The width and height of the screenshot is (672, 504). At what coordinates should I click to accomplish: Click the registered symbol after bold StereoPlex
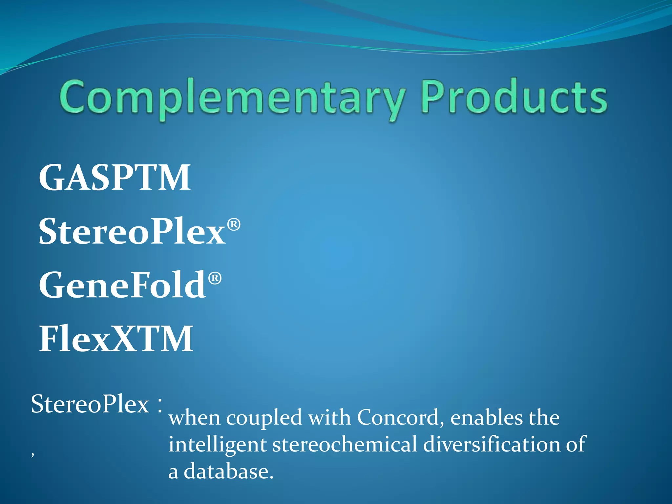click(234, 225)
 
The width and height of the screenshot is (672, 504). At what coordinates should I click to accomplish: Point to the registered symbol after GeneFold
click(215, 278)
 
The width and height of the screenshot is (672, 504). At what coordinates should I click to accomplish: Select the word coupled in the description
click(264, 418)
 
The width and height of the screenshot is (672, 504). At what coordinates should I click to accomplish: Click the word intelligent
click(217, 445)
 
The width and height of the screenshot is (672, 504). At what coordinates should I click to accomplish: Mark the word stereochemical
click(345, 444)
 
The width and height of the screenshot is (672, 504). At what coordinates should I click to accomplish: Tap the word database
click(228, 472)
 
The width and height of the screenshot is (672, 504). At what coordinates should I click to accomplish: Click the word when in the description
click(194, 418)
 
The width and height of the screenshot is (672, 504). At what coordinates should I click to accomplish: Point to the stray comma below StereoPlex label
click(32, 454)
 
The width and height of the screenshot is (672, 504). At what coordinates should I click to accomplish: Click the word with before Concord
click(329, 418)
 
